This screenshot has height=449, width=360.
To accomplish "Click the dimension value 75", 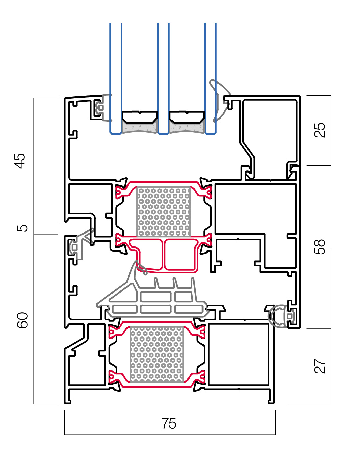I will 169,423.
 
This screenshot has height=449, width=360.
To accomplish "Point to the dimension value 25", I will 320,130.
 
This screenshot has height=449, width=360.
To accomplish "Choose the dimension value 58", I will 320,246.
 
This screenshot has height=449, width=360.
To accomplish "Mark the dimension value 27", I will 320,366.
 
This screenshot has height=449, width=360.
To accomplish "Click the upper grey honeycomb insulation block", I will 163,212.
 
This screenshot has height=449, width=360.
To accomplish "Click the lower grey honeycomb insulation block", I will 157,354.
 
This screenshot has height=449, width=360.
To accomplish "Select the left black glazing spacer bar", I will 139,117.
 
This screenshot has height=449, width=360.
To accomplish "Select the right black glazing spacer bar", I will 186,117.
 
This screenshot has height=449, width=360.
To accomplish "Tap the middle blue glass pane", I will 163,78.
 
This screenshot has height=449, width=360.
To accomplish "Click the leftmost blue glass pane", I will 116,78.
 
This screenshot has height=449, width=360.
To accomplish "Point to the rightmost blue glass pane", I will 210,78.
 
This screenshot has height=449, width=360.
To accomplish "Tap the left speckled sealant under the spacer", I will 139,128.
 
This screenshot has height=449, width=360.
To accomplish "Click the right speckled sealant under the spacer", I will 186,128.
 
